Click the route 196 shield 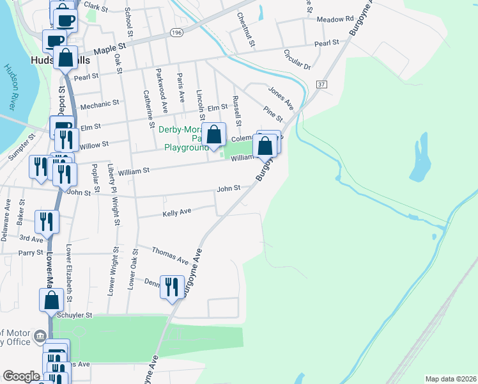(x=176, y=32)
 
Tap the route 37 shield (x=321, y=84)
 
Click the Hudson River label (x=13, y=86)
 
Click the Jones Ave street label (x=281, y=97)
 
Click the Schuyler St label (x=75, y=315)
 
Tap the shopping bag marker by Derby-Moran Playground (x=215, y=135)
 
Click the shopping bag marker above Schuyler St (x=51, y=299)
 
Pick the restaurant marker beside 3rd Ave (x=47, y=221)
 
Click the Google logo (x=21, y=376)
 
